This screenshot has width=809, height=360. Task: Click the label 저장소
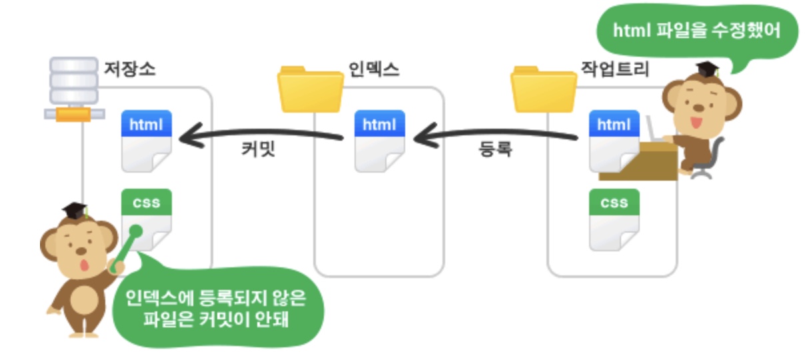tap(129, 68)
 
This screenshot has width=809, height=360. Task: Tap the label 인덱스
tap(374, 68)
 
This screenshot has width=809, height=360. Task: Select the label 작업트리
tap(614, 68)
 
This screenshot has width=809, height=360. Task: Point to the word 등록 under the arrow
tap(495, 149)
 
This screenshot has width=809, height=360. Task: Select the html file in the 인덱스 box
tap(379, 141)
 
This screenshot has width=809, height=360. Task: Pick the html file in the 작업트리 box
tap(614, 141)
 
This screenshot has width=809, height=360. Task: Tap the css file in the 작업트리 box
tap(614, 219)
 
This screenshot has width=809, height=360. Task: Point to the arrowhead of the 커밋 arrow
tap(187, 137)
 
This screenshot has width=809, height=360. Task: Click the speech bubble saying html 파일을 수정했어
tap(696, 32)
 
